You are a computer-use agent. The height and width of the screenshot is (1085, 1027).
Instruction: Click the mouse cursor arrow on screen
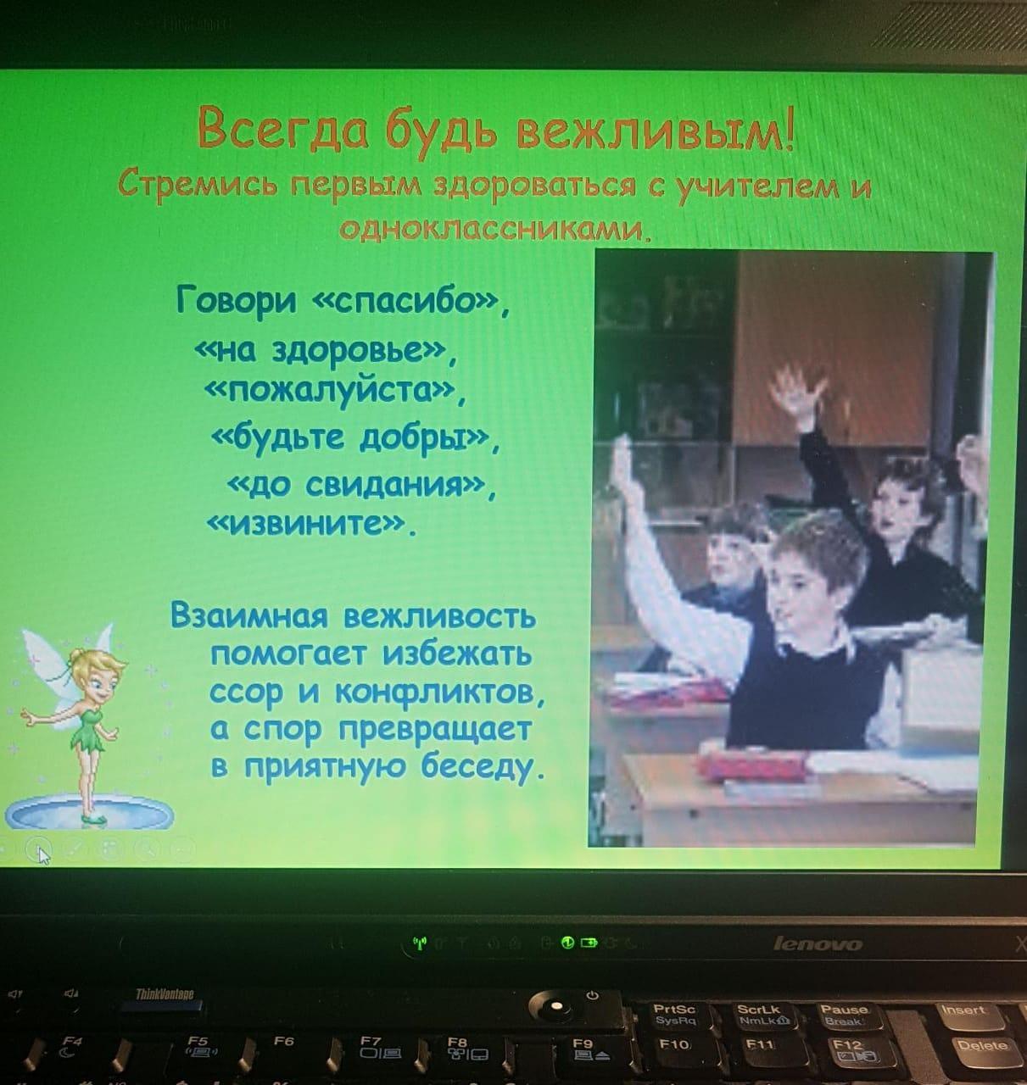44,855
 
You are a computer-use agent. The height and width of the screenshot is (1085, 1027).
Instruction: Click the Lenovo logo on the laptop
818,944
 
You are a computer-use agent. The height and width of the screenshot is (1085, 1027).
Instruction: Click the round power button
556,1007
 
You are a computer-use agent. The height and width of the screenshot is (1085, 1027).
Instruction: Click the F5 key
204,1046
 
